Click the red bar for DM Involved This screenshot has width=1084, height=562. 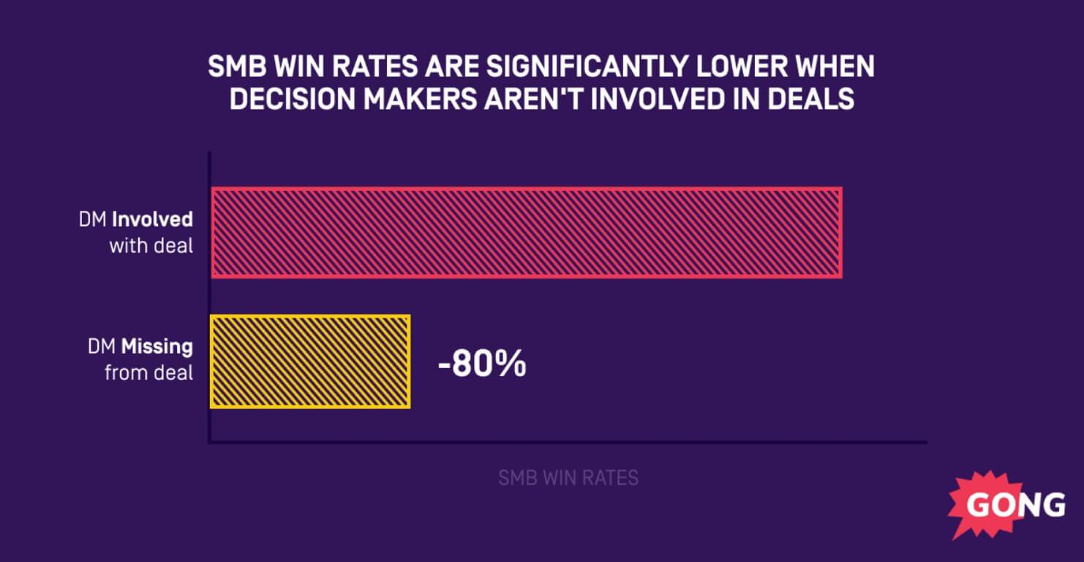point(527,233)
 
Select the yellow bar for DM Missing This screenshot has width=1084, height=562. point(310,361)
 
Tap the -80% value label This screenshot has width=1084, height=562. point(482,364)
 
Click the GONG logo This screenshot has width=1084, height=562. point(1009,505)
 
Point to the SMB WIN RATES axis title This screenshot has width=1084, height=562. point(568,479)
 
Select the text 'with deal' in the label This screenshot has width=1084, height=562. point(151,245)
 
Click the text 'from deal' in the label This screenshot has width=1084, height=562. point(149,372)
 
